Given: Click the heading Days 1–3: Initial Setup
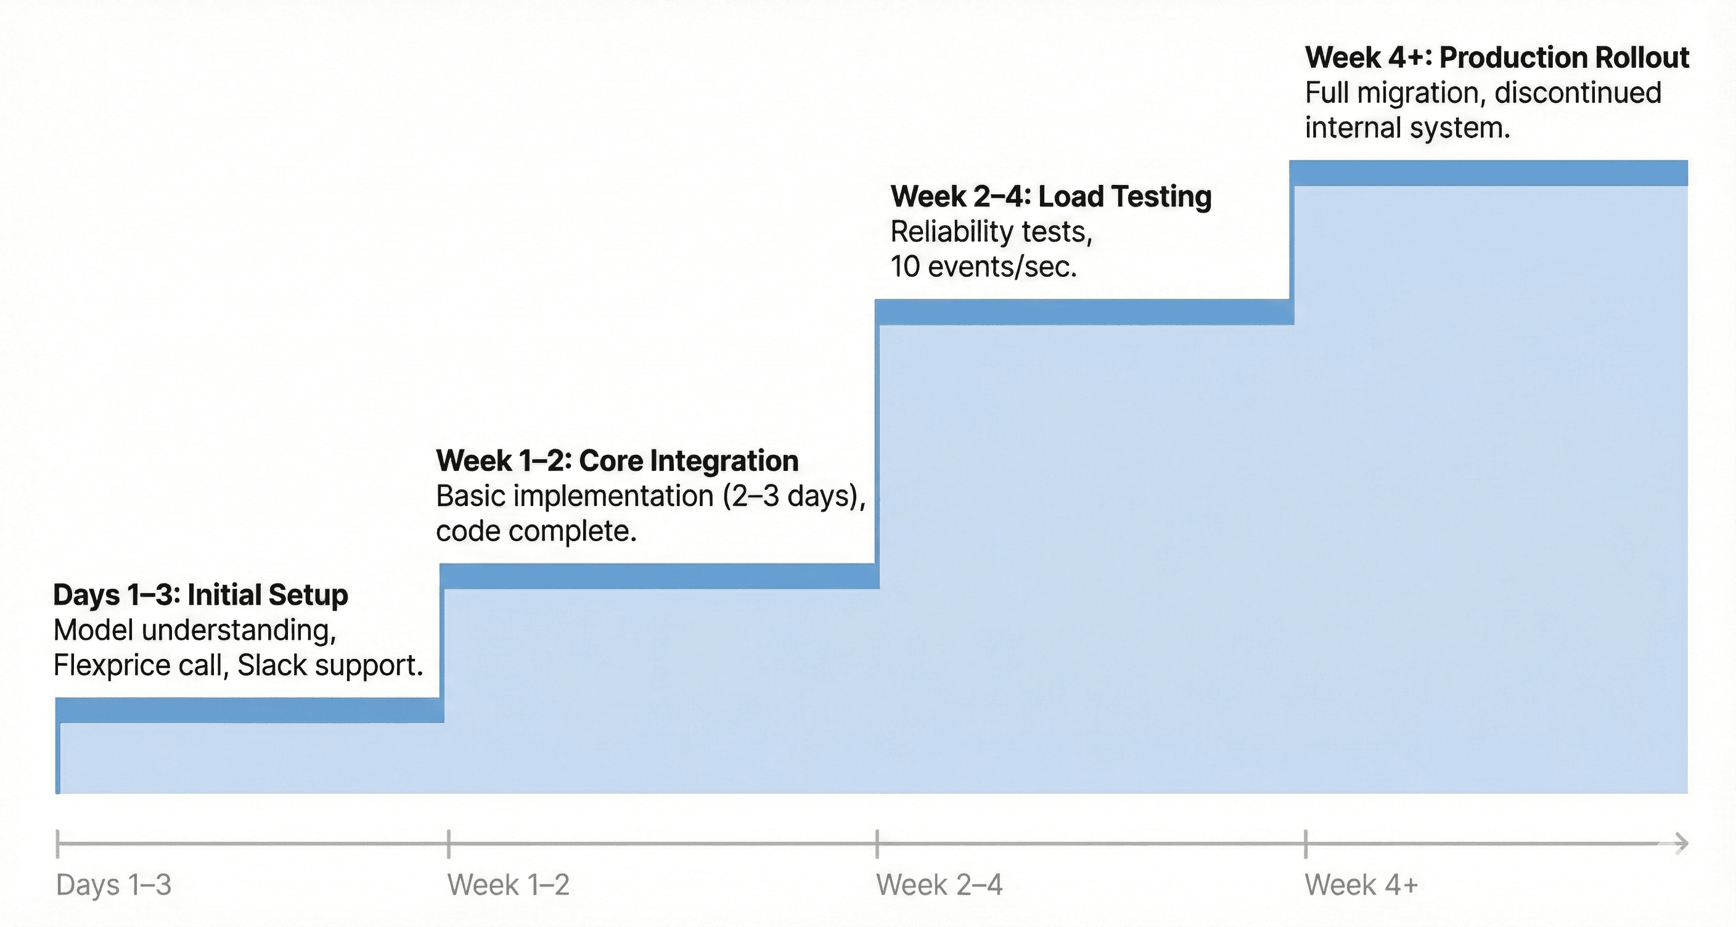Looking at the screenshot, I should [200, 595].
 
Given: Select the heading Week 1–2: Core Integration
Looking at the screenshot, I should [616, 461].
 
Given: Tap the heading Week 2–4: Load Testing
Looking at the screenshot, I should [1050, 197].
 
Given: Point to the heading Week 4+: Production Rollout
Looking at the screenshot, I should [1496, 58].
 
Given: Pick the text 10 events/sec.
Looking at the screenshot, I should [983, 267].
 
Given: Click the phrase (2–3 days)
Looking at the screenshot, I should [793, 497].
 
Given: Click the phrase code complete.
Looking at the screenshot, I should [536, 531].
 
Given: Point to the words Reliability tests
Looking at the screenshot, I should [991, 232].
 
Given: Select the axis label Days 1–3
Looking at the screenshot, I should [113, 884].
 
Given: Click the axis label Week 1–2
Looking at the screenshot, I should [508, 884].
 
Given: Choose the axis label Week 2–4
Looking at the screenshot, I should [939, 884].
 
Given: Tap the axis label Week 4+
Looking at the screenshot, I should [1361, 884].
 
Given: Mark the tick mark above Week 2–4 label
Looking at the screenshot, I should [877, 843].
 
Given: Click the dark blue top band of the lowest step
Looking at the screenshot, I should [249, 710].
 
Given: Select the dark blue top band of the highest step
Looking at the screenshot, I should [1488, 173].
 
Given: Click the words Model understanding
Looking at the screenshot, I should [194, 631].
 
